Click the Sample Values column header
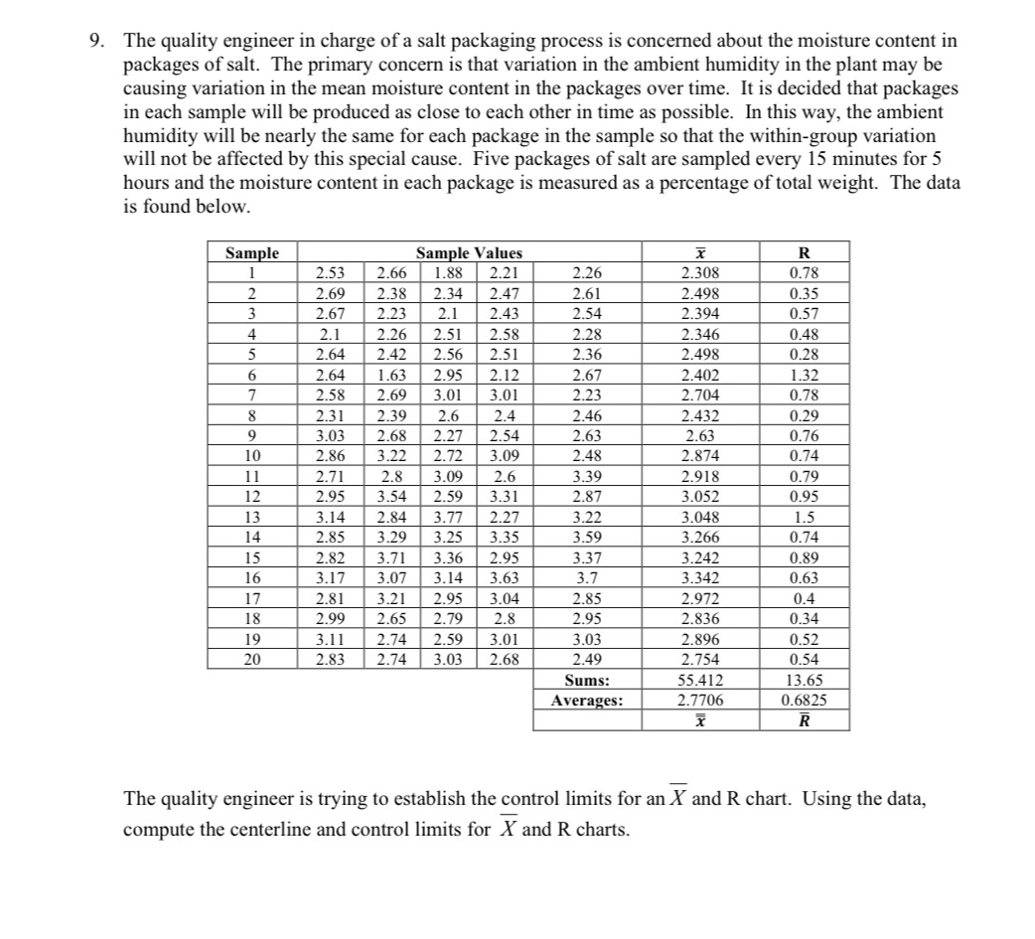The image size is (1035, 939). click(x=468, y=253)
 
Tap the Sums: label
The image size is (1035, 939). click(x=586, y=682)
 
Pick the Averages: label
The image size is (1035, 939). click(x=586, y=701)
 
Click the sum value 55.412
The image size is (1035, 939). click(x=701, y=682)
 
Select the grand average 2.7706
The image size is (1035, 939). click(x=701, y=701)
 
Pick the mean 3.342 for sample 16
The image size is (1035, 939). click(x=701, y=578)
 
